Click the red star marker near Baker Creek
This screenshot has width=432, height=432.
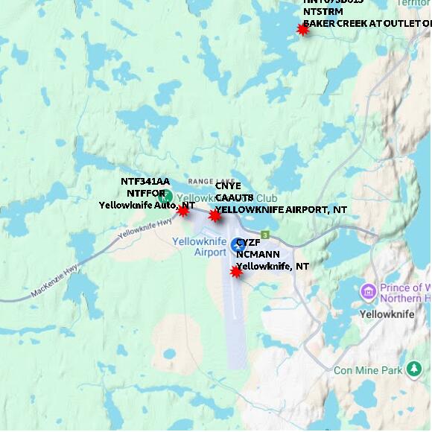(302, 29)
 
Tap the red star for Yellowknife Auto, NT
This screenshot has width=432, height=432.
(182, 211)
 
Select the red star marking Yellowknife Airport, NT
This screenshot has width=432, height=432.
(215, 216)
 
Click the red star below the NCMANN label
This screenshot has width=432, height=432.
(236, 272)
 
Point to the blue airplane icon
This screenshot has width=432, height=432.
(238, 244)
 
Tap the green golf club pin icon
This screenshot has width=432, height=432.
(168, 197)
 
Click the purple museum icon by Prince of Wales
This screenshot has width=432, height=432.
(367, 291)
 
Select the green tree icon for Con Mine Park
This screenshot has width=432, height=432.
(415, 369)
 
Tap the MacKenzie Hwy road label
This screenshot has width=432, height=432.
(54, 285)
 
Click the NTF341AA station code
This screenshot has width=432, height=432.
(145, 181)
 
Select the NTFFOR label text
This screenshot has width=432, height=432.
(145, 193)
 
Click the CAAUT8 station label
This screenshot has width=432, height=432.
(234, 198)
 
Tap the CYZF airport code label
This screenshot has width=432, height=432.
(249, 243)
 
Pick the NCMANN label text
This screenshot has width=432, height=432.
(258, 254)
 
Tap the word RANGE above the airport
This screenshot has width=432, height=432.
(200, 181)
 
